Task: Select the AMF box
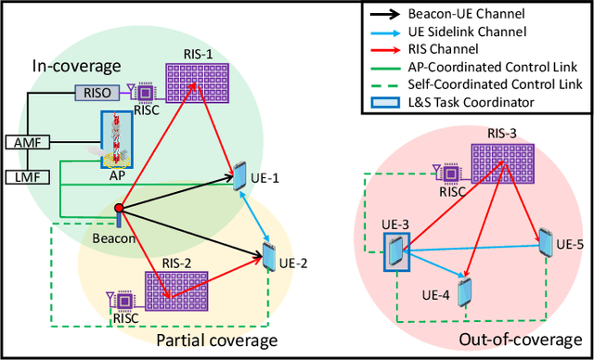pyautogui.click(x=21, y=142)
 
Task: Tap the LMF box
pyautogui.click(x=21, y=176)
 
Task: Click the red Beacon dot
pyautogui.click(x=119, y=208)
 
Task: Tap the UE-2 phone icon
pyautogui.click(x=270, y=252)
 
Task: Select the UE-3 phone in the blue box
pyautogui.click(x=395, y=251)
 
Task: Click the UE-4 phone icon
pyautogui.click(x=465, y=292)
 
